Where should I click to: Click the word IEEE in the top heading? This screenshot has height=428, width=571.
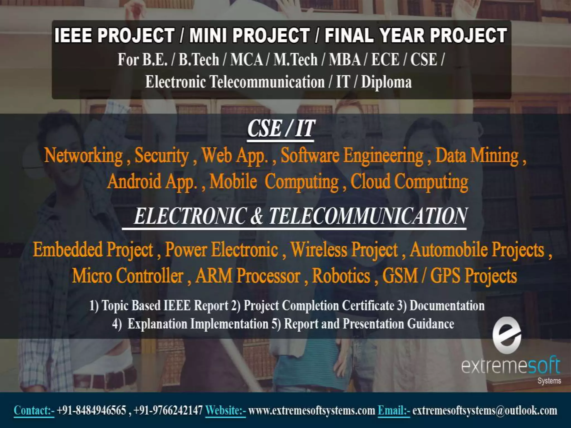73,36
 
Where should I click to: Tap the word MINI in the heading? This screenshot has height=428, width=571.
207,36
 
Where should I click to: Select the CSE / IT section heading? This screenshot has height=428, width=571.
281,129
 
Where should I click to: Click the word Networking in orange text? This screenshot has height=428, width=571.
83,155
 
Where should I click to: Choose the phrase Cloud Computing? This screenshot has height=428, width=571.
409,182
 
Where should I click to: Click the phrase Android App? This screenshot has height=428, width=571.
152,182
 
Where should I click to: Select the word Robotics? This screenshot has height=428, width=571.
341,276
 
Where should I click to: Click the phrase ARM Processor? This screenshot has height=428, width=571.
248,276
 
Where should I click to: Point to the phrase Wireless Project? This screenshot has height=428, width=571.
344,250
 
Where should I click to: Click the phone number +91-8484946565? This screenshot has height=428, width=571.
91,410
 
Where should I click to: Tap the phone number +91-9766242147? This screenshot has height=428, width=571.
168,410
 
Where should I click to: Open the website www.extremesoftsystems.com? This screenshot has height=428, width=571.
311,410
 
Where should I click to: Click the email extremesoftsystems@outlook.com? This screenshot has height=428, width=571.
485,410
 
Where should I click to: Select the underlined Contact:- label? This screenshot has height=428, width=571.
34,410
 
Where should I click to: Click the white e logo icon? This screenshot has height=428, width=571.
507,335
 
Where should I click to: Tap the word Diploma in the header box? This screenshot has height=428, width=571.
386,82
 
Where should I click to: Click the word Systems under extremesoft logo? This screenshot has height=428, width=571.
549,381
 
